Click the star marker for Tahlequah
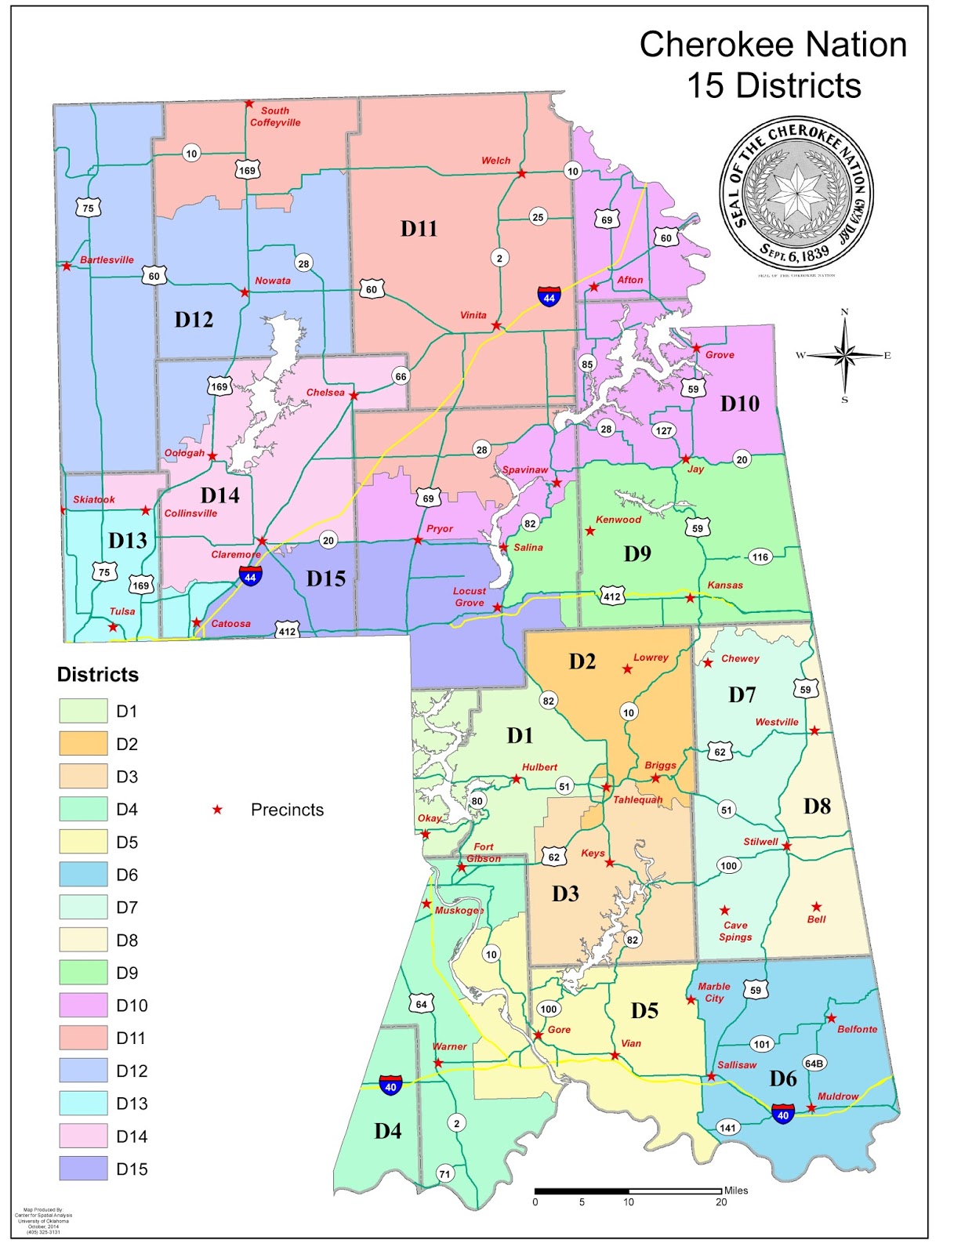[606, 787]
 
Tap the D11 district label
[419, 229]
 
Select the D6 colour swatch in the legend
[83, 874]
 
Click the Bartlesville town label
[107, 259]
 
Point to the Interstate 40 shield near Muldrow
[783, 1114]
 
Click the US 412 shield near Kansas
[611, 596]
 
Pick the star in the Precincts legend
[217, 810]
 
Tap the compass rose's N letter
[844, 312]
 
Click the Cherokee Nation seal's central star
[796, 192]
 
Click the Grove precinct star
[696, 348]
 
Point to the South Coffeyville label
[274, 117]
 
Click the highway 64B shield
[814, 1064]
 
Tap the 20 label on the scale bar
[720, 1201]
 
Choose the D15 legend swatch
[83, 1168]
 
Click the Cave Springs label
[735, 931]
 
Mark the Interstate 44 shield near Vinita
[549, 297]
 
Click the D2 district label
[582, 661]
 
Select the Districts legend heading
[97, 675]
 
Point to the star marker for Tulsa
[113, 627]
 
